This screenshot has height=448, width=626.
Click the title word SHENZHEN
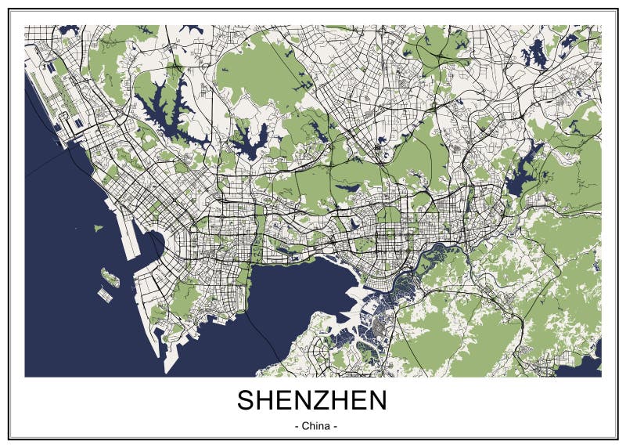(x=311, y=400)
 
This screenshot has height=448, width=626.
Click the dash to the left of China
(x=295, y=427)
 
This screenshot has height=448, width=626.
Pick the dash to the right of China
(x=335, y=427)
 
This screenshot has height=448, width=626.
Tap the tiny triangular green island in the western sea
(x=98, y=228)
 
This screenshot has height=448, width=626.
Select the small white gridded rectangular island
(x=106, y=294)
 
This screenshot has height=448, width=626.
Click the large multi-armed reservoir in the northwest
(x=168, y=114)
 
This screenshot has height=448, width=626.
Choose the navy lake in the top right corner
(x=536, y=55)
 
